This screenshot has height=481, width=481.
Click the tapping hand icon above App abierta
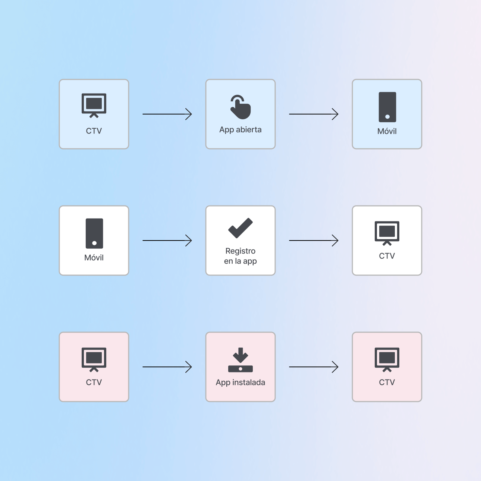(x=240, y=107)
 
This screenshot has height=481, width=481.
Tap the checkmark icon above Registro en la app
(x=240, y=228)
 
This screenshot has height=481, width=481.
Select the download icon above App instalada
(x=240, y=360)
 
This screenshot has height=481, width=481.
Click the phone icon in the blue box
(x=387, y=107)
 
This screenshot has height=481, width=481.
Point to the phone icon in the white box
(x=94, y=233)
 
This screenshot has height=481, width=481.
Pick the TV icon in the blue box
(x=94, y=106)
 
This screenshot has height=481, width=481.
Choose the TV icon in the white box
(x=387, y=233)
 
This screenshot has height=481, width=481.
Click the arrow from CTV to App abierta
(x=167, y=114)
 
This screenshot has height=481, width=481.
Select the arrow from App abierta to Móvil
(x=314, y=114)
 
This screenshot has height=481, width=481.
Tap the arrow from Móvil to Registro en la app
(x=167, y=240)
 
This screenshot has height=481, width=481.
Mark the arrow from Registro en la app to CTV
(x=314, y=240)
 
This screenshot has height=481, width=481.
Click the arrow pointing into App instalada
(x=167, y=367)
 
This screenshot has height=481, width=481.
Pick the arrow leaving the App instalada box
(x=314, y=367)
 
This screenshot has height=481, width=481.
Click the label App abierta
(x=240, y=130)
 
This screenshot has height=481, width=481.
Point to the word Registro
(x=240, y=251)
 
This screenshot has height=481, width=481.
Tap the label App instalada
(x=240, y=383)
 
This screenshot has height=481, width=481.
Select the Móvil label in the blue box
(x=387, y=131)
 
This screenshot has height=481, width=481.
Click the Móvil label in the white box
(x=94, y=257)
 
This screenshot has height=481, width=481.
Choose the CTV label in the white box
(x=387, y=256)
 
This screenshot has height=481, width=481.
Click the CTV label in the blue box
(x=94, y=131)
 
